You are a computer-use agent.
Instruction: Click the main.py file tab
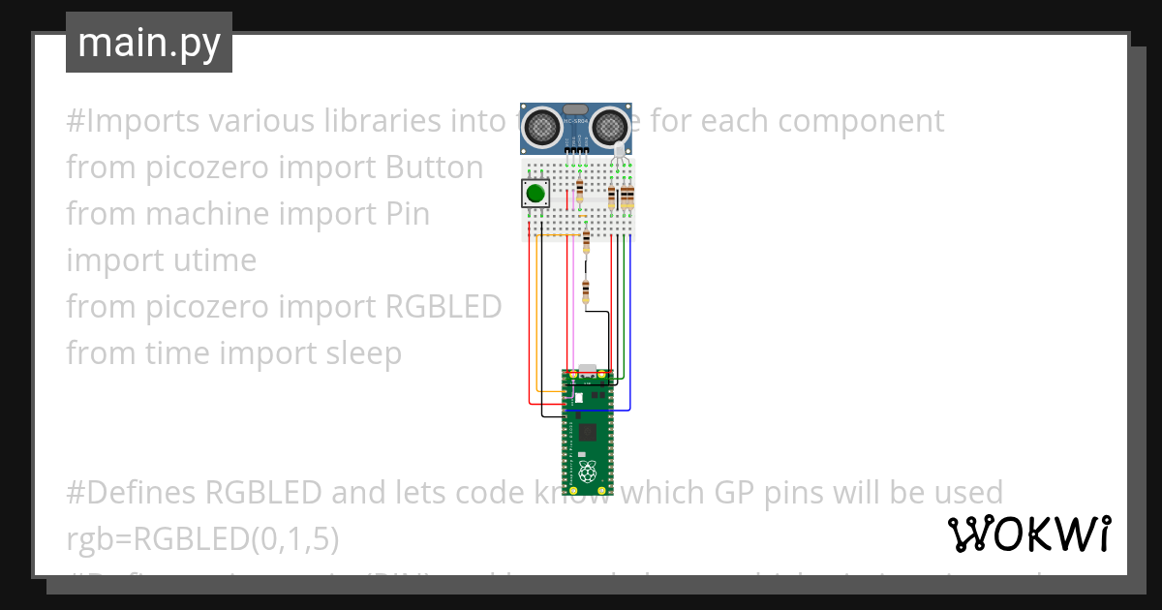coord(148,43)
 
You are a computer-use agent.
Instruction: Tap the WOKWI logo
coord(1028,534)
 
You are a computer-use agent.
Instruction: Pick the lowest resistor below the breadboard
coord(585,290)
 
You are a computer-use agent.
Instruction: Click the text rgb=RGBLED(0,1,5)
coord(202,539)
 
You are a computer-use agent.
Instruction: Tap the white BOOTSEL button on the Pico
coord(577,397)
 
